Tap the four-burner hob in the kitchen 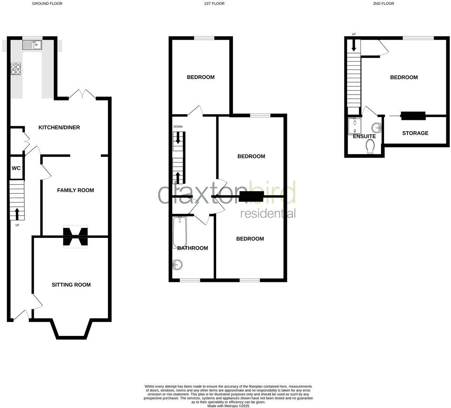coord(16,69)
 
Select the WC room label coord(16,168)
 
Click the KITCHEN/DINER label coord(59,127)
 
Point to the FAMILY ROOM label coord(75,190)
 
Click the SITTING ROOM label coord(71,285)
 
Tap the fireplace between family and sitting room coord(75,236)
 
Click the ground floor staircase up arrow coord(17,214)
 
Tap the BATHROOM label coord(192,248)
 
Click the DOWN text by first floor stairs coord(178,127)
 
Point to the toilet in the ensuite coord(370,146)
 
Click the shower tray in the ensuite coord(354,126)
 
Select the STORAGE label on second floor coord(415,133)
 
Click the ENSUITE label coord(364,136)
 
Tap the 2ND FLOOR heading coord(383,4)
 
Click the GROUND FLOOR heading coord(47,4)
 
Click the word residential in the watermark coord(268,213)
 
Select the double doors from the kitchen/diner coord(82,95)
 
